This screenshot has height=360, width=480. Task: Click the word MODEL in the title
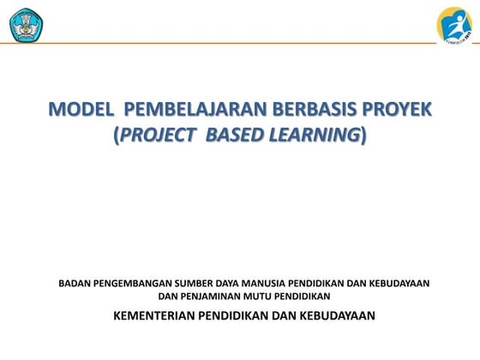[x=81, y=111]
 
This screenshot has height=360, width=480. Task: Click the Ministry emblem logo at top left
[x=27, y=25]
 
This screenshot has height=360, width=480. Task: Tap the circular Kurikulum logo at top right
[x=454, y=25]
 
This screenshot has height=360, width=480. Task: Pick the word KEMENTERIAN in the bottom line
[x=155, y=315]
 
